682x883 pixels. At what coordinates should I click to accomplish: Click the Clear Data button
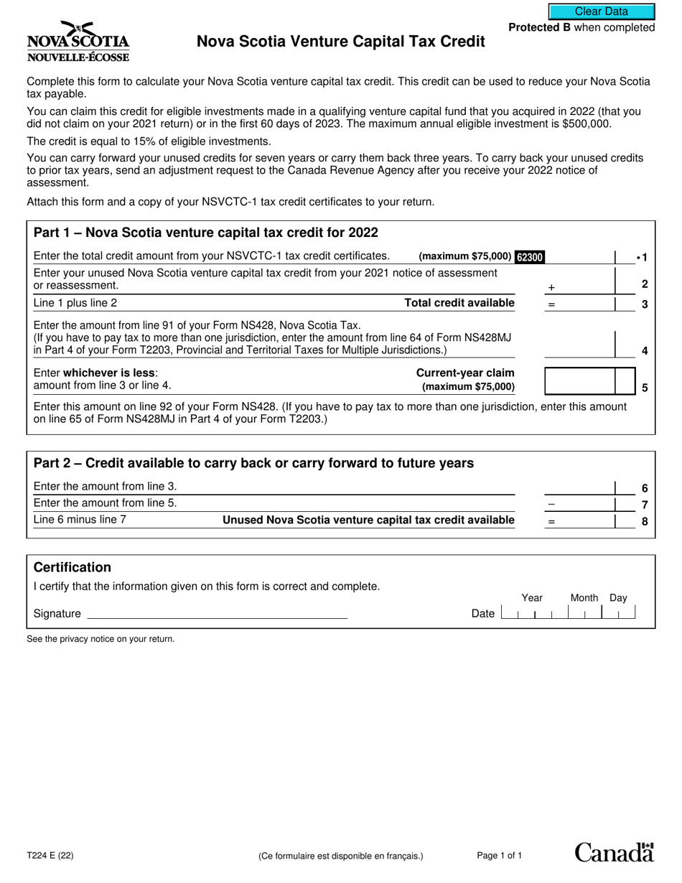click(602, 11)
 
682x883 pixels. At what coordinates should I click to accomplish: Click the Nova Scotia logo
click(78, 42)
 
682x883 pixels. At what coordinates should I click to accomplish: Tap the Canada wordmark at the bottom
click(614, 852)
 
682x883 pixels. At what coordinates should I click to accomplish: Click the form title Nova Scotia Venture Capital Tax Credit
click(341, 42)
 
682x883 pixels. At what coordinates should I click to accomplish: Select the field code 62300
click(530, 257)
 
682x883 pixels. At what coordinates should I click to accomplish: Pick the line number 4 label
click(644, 351)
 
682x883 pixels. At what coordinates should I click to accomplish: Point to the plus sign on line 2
click(551, 287)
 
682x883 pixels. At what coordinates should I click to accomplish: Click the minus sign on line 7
click(551, 505)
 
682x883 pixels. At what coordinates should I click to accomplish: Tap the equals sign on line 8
click(551, 522)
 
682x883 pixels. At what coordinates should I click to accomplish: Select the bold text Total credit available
click(459, 303)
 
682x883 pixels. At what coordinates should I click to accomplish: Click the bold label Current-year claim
click(465, 373)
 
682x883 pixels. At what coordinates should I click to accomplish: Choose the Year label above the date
click(532, 598)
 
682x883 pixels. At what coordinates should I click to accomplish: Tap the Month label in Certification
click(584, 598)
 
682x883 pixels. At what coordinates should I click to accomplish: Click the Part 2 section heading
click(253, 463)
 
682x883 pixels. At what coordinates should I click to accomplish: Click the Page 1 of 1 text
click(500, 855)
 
